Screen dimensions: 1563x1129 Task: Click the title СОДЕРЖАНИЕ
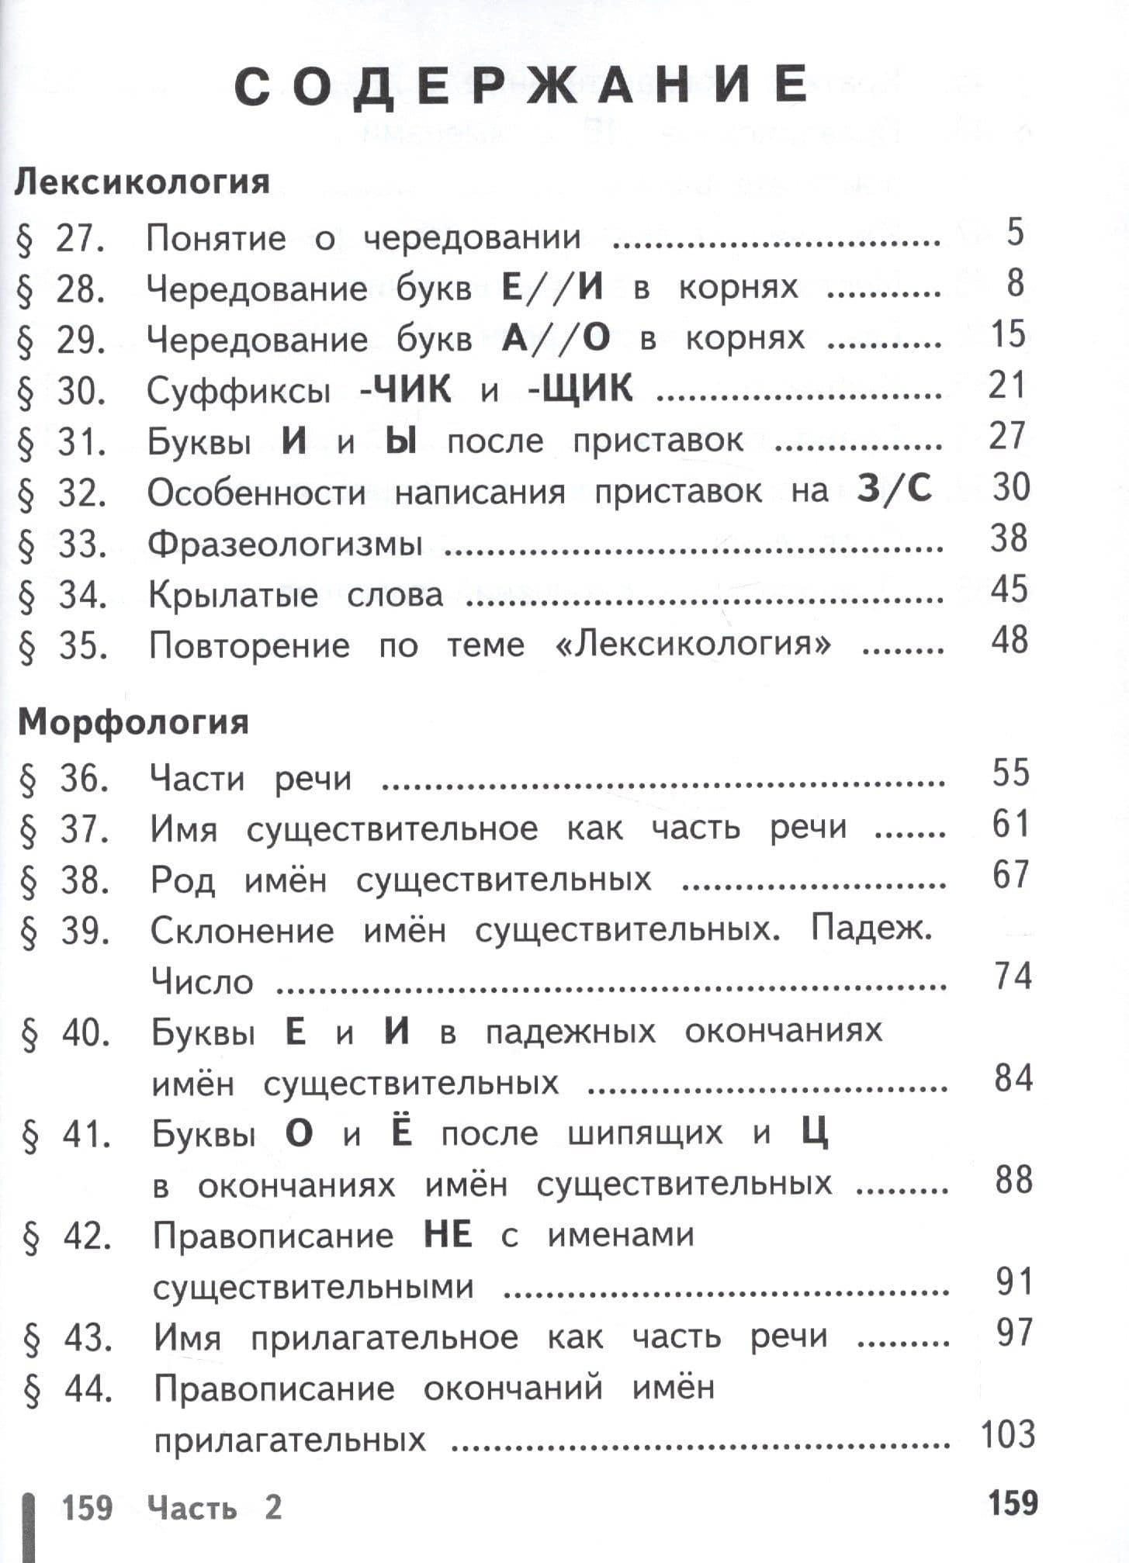(x=521, y=86)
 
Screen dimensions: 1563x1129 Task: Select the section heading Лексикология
(x=143, y=183)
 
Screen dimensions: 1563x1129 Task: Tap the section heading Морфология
(x=133, y=722)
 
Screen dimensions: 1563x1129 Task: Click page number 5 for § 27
(x=1015, y=233)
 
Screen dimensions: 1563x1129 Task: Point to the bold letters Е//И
(x=552, y=288)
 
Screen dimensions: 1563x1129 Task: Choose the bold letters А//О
(x=556, y=339)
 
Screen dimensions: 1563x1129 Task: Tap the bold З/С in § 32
(x=894, y=489)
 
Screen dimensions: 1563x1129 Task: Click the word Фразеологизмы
(x=285, y=544)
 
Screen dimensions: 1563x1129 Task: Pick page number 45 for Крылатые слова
(x=1009, y=590)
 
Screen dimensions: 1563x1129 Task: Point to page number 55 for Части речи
(x=1010, y=773)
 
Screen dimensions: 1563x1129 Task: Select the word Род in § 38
(x=182, y=880)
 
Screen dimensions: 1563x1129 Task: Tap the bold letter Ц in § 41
(x=815, y=1133)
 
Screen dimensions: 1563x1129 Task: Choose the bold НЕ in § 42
(x=448, y=1236)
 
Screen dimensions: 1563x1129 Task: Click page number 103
(x=1008, y=1435)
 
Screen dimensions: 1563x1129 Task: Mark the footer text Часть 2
(x=214, y=1509)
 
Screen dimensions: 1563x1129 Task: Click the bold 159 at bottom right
(x=1013, y=1502)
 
